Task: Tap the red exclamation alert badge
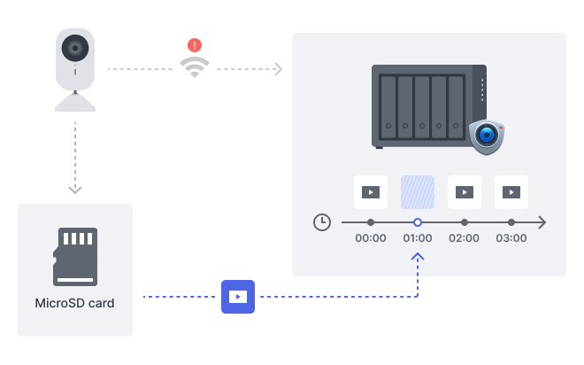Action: [x=195, y=44]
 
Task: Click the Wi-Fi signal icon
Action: [x=195, y=66]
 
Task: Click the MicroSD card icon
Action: [x=75, y=257]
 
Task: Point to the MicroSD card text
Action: [x=75, y=303]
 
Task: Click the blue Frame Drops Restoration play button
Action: [x=237, y=296]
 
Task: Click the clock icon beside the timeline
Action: [x=322, y=222]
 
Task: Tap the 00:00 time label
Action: [x=371, y=238]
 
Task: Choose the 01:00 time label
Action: [x=418, y=238]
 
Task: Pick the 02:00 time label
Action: [x=465, y=238]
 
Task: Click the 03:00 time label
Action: [x=511, y=238]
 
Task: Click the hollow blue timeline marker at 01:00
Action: [x=418, y=222]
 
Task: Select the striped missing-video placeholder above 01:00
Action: [x=418, y=191]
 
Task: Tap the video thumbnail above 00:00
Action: [x=371, y=191]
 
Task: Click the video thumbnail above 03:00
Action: [x=511, y=191]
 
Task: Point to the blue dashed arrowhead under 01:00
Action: [x=418, y=258]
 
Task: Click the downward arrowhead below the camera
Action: [x=75, y=189]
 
